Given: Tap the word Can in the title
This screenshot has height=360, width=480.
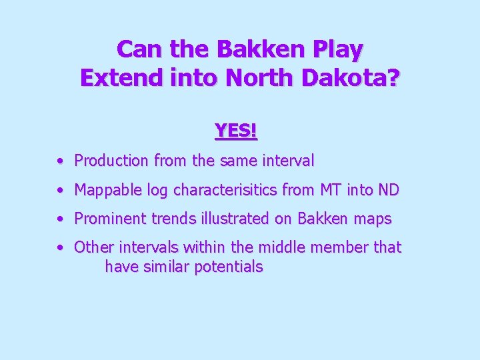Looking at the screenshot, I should point(139,49).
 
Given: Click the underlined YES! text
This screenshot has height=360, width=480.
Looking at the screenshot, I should point(236,131).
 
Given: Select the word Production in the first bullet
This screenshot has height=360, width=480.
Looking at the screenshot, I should point(111,161).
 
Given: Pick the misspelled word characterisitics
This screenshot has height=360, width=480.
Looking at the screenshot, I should point(225,190).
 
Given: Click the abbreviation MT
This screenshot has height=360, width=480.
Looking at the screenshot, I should point(329,190).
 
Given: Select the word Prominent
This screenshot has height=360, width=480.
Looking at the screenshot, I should point(111,219).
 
